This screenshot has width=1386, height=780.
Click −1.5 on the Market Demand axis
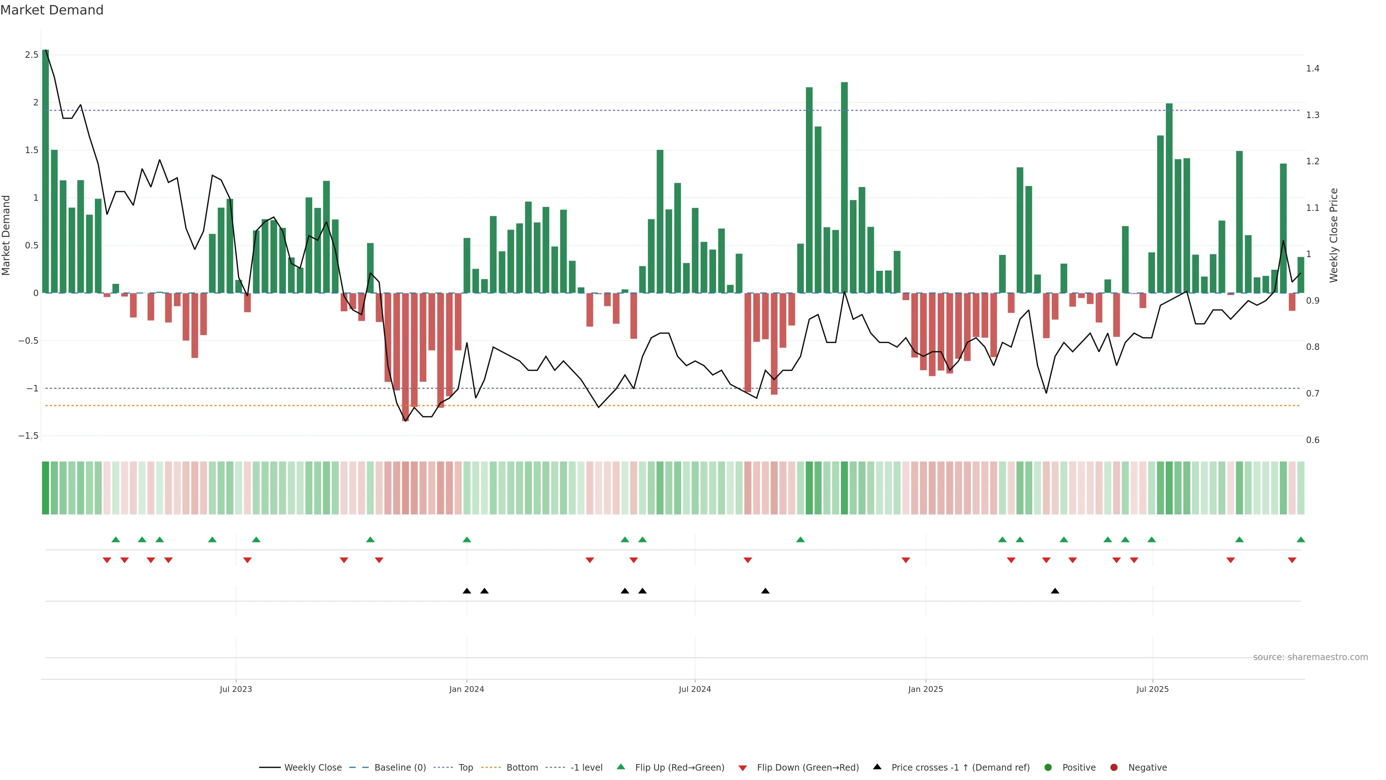(x=29, y=435)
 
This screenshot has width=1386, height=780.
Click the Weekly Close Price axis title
(x=1333, y=235)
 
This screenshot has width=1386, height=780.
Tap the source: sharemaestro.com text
(x=1310, y=657)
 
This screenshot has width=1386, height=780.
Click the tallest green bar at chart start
(x=46, y=172)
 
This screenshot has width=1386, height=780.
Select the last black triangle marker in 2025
(x=1055, y=591)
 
